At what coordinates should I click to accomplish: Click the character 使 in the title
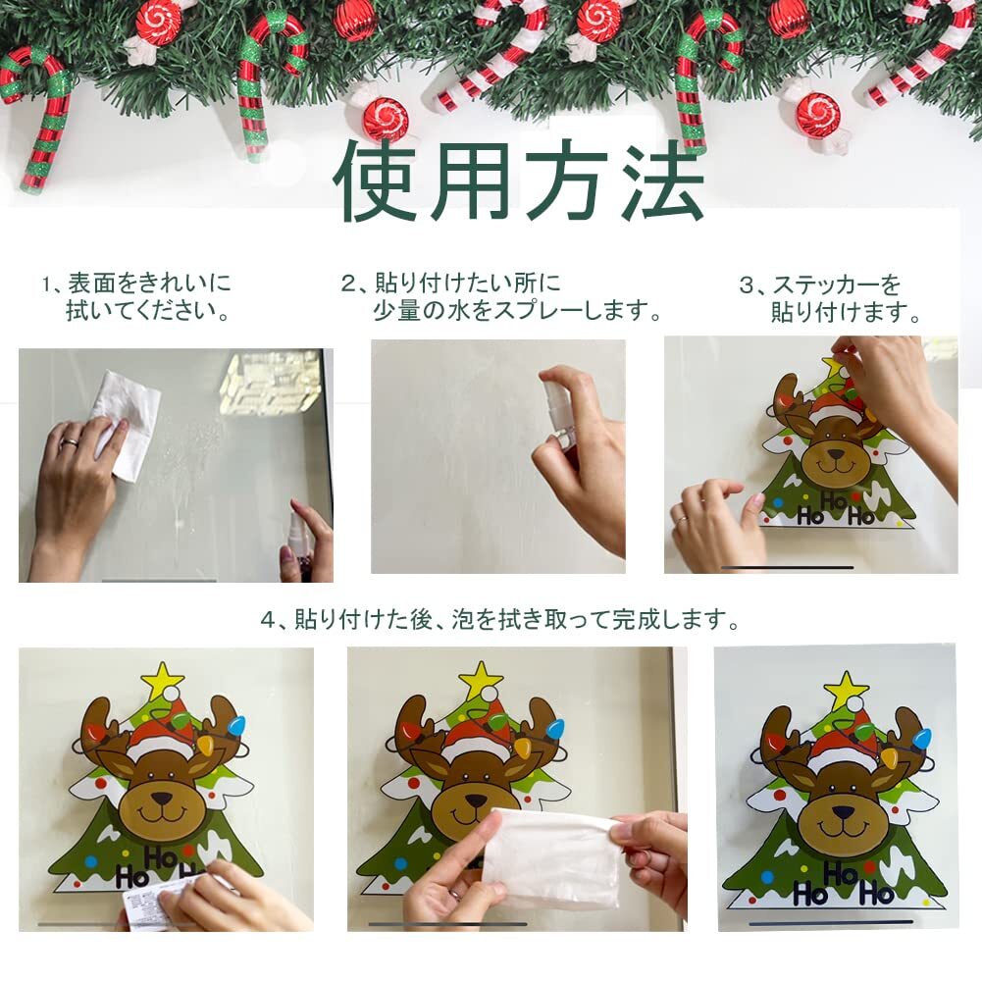376,181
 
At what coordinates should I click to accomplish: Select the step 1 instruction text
136,296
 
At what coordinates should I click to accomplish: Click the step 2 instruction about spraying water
501,296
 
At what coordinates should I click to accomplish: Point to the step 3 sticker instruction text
831,298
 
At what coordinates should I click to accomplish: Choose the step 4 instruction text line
499,619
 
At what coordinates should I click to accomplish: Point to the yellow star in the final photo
846,690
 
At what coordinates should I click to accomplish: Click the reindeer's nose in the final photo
843,812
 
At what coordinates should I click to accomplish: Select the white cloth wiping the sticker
550,858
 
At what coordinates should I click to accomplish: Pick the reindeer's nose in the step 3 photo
836,455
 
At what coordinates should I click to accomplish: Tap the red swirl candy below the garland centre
385,117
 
